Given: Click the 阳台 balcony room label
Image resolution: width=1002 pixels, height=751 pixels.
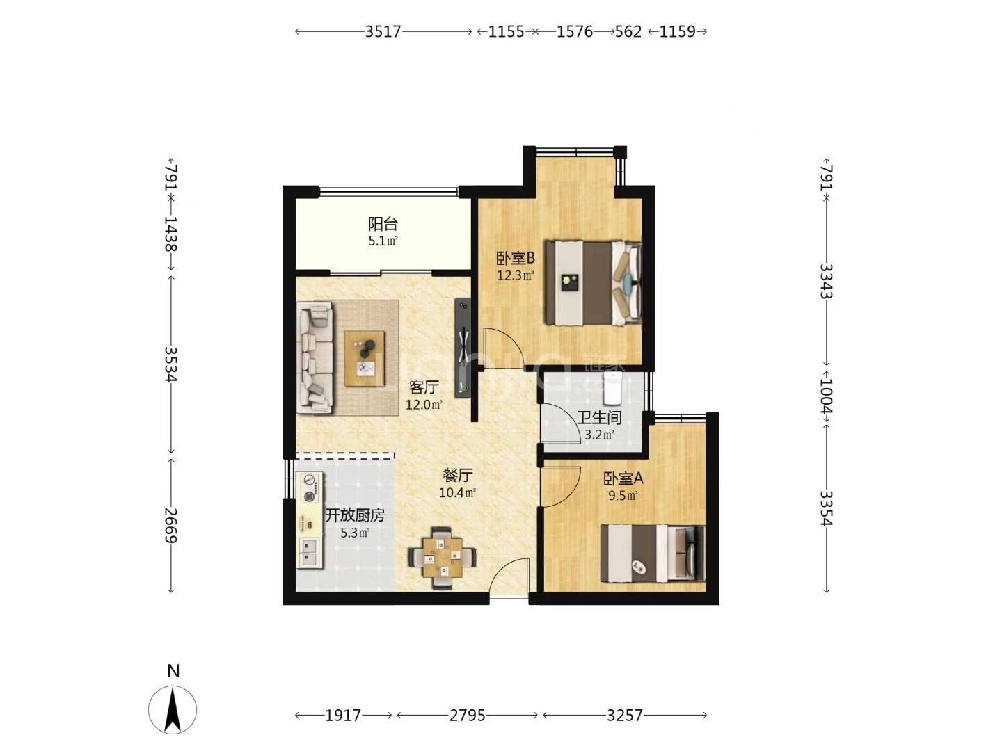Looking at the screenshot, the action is click(383, 224).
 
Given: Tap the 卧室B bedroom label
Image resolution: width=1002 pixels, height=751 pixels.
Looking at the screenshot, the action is click(516, 259).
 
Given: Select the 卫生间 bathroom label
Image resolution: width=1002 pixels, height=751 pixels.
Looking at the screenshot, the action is click(599, 417).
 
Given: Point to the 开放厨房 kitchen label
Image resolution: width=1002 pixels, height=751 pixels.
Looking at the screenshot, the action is click(355, 515).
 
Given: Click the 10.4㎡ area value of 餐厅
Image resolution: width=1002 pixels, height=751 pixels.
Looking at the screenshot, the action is click(457, 492).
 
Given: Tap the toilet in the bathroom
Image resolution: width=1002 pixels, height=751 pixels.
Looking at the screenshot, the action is click(612, 389).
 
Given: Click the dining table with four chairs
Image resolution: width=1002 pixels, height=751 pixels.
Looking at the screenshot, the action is click(442, 558).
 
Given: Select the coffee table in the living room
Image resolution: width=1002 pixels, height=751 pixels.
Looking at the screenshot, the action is click(365, 359).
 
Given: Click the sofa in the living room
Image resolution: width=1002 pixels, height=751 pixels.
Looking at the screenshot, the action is click(315, 358).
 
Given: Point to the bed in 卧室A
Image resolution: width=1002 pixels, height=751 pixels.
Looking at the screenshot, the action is click(653, 553).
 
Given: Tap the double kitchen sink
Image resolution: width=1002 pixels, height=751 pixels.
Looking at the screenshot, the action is click(310, 552).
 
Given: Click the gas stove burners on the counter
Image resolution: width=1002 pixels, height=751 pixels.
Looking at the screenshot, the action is click(310, 488).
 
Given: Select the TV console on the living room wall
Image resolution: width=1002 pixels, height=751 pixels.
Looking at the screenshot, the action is click(463, 348).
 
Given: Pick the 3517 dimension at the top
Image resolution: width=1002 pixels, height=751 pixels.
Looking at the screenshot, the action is click(383, 31).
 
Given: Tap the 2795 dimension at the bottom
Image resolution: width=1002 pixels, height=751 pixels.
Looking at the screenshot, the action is click(467, 716).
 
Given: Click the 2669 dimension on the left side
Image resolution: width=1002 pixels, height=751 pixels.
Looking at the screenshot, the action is click(171, 525).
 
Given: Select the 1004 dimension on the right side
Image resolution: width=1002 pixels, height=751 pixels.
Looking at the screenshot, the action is click(827, 396).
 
